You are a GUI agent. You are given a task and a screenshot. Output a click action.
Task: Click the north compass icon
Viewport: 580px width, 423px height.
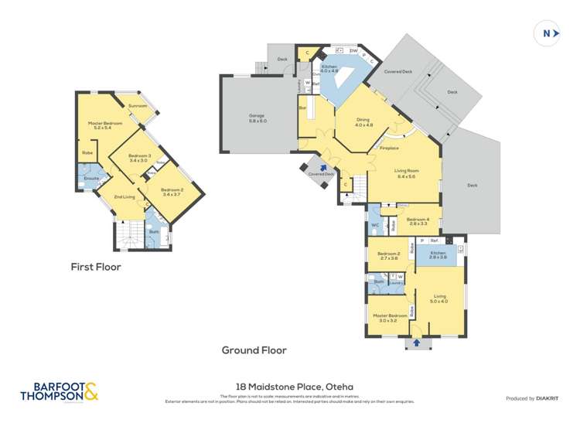pyautogui.click(x=548, y=33)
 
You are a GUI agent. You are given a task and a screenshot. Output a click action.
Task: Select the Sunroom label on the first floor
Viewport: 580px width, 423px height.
pyautogui.click(x=138, y=106)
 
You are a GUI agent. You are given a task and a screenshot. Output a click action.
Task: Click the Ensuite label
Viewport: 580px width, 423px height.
pyautogui.click(x=90, y=177)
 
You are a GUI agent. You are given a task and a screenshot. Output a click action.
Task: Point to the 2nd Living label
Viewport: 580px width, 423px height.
pyautogui.click(x=123, y=197)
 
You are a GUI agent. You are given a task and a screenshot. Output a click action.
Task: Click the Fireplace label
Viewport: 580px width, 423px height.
pyautogui.click(x=389, y=148)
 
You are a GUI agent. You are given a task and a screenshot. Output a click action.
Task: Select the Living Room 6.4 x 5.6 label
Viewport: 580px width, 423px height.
pyautogui.click(x=406, y=174)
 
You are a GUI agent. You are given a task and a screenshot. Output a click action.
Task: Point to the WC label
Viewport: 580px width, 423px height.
pyautogui.click(x=375, y=226)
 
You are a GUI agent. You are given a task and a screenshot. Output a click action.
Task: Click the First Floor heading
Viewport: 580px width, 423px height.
pyautogui.click(x=96, y=267)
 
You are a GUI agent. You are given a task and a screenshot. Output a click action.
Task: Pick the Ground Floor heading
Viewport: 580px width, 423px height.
pyautogui.click(x=254, y=350)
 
